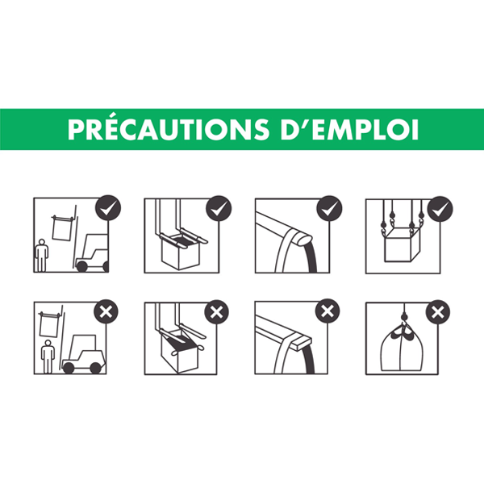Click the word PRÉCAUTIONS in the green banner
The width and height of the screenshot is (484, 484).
click(169, 129)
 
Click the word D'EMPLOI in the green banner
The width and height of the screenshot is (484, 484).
click(348, 129)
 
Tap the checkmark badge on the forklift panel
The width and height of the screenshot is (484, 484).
click(108, 208)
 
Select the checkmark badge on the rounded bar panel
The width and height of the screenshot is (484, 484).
click(329, 208)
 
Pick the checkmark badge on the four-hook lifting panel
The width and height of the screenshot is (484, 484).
click(440, 209)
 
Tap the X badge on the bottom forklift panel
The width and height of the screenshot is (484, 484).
click(106, 311)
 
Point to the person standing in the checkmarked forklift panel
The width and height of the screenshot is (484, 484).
click(41, 255)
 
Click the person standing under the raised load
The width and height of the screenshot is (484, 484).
click(48, 357)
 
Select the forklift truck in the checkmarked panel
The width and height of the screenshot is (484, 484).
click(92, 252)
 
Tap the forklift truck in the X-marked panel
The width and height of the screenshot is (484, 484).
click(83, 354)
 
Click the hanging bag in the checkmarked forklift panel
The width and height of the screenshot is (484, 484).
click(62, 227)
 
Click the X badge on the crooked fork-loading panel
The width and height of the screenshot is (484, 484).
click(217, 311)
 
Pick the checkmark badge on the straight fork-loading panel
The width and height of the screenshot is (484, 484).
click(219, 208)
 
